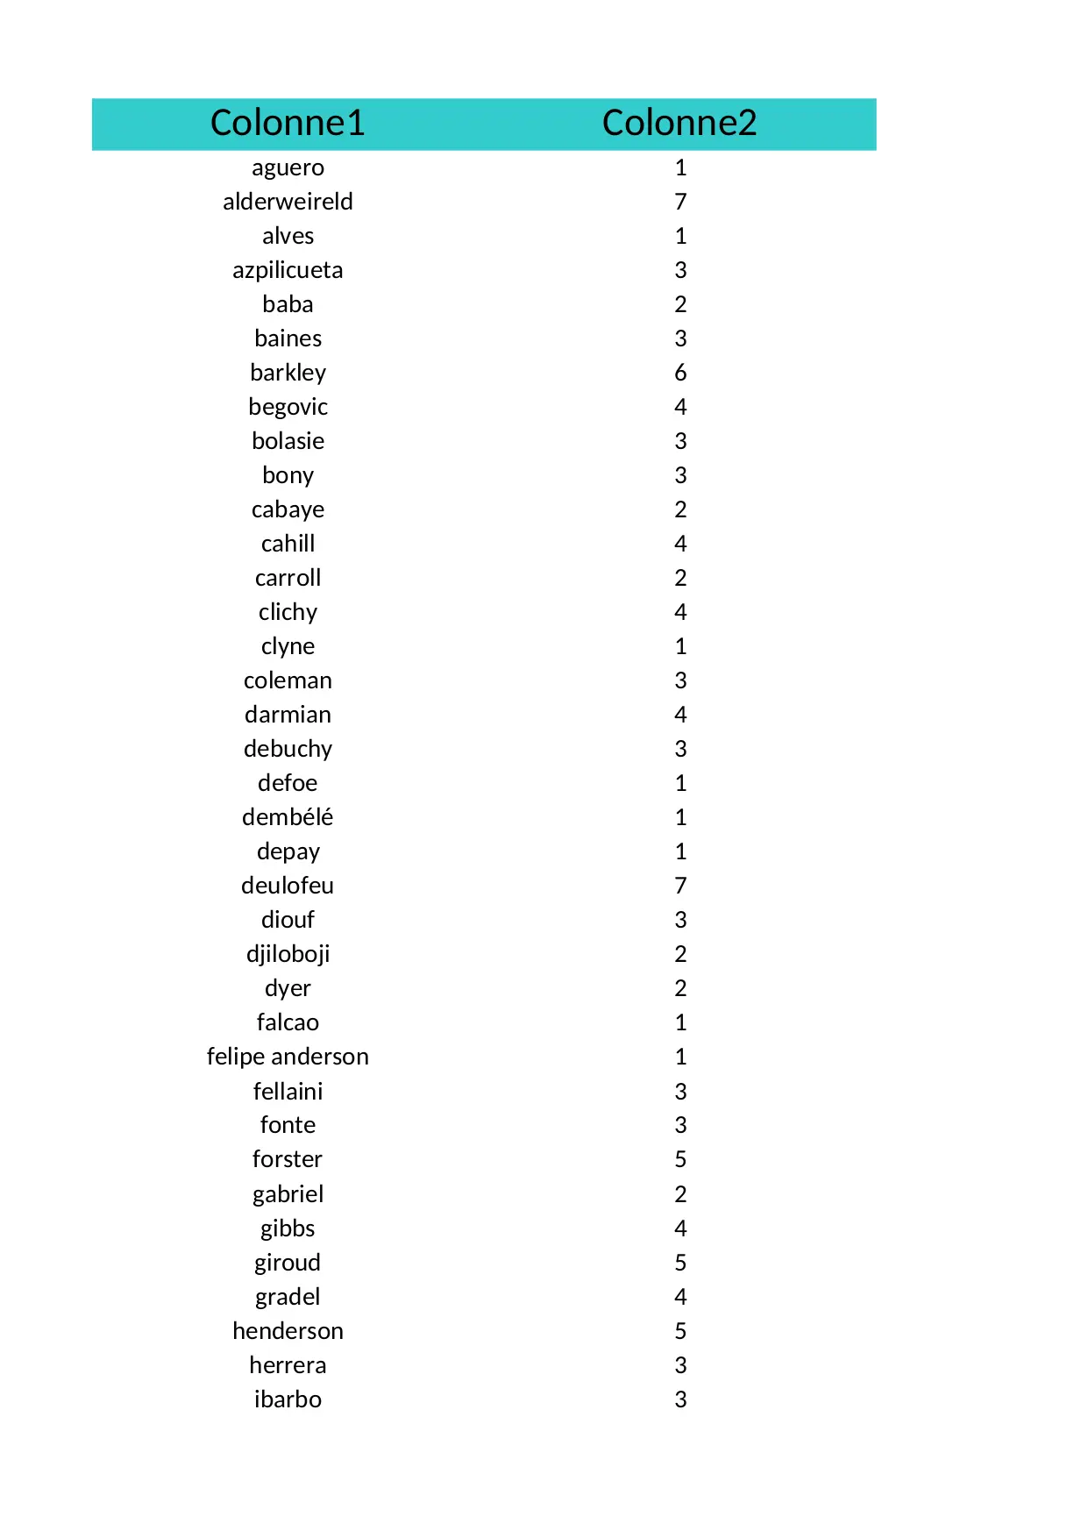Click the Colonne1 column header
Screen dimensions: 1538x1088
click(288, 123)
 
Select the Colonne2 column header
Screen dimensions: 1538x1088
click(679, 123)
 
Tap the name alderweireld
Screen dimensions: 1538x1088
click(288, 202)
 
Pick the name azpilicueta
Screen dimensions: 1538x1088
click(288, 270)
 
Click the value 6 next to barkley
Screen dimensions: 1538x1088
click(680, 373)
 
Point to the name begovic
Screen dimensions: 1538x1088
click(288, 407)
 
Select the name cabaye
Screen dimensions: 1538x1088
click(288, 509)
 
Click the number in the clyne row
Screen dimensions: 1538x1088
click(680, 646)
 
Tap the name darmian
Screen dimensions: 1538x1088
click(288, 715)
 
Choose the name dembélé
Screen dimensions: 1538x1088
click(288, 817)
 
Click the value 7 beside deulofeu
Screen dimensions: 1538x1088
click(680, 886)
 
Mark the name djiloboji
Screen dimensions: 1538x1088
click(288, 954)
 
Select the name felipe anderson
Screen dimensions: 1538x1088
click(288, 1057)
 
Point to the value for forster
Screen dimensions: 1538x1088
click(680, 1159)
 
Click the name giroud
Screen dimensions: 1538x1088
click(288, 1263)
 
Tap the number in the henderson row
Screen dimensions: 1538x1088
click(680, 1331)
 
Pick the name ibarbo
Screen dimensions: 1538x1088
click(288, 1399)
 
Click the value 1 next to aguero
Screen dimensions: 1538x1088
click(680, 167)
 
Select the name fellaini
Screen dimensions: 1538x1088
click(288, 1092)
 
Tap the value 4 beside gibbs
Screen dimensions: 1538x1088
click(680, 1228)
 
